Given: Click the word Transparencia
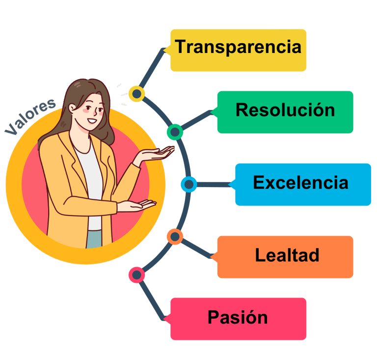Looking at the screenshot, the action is pyautogui.click(x=238, y=48).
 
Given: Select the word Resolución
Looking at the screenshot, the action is pyautogui.click(x=285, y=110).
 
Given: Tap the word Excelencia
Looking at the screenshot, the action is pyautogui.click(x=300, y=183).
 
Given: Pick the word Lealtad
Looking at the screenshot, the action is pyautogui.click(x=287, y=255).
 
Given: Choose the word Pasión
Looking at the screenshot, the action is pyautogui.click(x=238, y=317).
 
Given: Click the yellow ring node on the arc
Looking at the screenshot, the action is pyautogui.click(x=136, y=93).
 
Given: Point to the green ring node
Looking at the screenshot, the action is pyautogui.click(x=175, y=132).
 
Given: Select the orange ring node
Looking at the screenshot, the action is pyautogui.click(x=175, y=237).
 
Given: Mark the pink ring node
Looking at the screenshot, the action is pyautogui.click(x=136, y=275).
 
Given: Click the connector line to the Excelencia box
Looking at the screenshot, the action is pyautogui.click(x=214, y=185).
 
